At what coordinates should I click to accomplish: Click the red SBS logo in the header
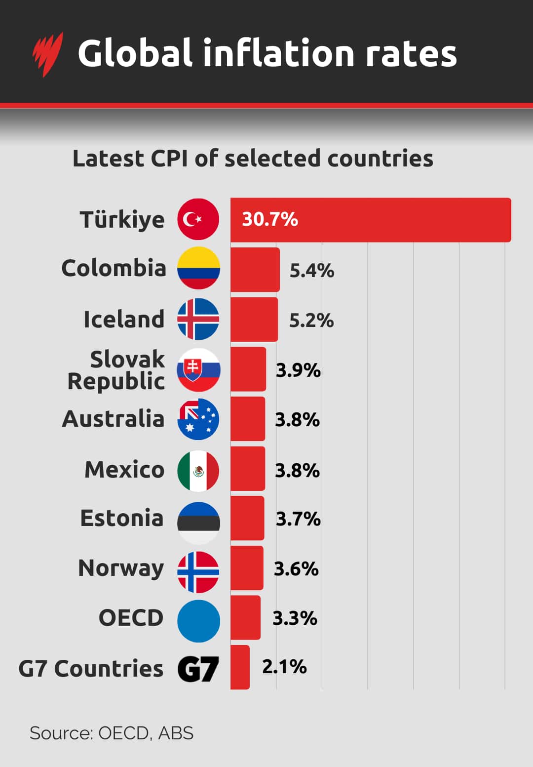pos(48,53)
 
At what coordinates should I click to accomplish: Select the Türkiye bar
pos(370,220)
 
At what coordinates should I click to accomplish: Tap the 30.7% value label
pos(270,219)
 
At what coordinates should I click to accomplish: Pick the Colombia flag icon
pos(198,268)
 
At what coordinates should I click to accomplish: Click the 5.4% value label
pos(311,271)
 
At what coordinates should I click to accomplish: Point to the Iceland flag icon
pos(198,319)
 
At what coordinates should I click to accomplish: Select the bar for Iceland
pos(254,319)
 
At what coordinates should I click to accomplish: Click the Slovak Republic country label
pos(116,370)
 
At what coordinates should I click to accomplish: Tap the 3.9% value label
pos(298,370)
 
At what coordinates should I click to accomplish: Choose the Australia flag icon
pos(198,419)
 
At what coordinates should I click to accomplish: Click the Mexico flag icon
pos(198,471)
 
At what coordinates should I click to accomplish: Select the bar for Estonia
pos(247,519)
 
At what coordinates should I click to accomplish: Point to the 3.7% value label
pos(298,519)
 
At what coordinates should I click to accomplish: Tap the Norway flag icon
pos(198,572)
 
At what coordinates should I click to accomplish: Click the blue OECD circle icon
pos(198,621)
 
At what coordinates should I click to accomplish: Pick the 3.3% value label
pos(295,618)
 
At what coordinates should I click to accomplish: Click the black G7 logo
pos(198,669)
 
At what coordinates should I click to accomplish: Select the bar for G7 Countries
pos(240,667)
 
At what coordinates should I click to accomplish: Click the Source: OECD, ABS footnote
pos(112,733)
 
